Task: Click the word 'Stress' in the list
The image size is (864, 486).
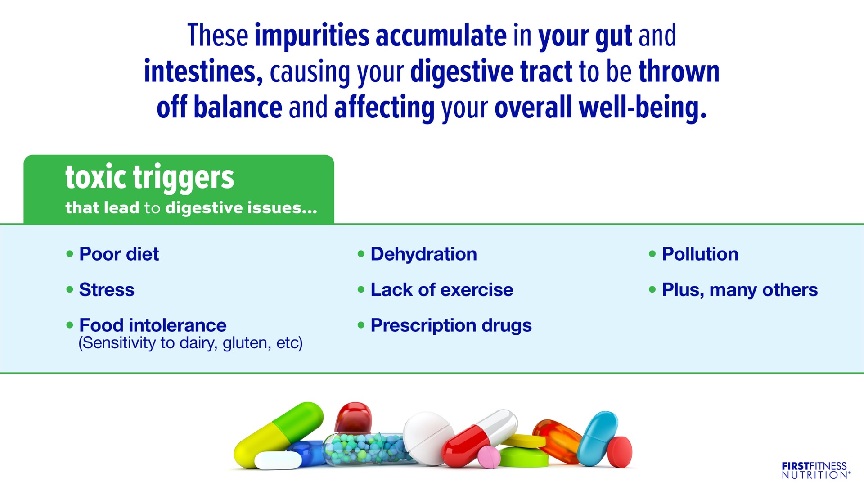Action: (107, 290)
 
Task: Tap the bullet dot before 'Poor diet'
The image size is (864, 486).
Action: (70, 254)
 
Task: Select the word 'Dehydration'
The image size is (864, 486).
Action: (423, 254)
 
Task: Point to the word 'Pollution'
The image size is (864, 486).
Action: (700, 254)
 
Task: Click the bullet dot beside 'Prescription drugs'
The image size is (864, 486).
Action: (361, 325)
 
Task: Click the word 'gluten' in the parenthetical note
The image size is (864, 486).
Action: (247, 343)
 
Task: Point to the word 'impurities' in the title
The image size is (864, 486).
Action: (312, 36)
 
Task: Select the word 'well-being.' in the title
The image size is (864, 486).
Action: (643, 108)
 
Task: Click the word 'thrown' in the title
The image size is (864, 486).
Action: (679, 72)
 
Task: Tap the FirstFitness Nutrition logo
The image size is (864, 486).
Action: (816, 470)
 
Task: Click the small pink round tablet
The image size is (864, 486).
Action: (489, 457)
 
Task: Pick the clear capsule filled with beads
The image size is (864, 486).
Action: (369, 449)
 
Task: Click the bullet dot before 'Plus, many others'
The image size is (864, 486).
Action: (652, 289)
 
